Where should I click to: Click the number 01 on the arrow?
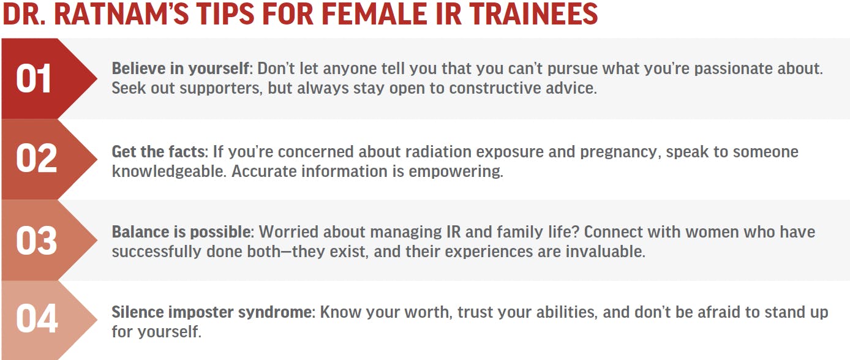[34, 78]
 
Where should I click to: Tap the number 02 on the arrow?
[36, 159]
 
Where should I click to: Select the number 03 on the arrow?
[36, 241]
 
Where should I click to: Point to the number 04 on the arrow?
[37, 318]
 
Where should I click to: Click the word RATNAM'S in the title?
[121, 14]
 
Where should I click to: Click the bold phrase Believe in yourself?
[181, 69]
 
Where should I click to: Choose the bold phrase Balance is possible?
[181, 232]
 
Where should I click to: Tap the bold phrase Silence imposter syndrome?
[212, 312]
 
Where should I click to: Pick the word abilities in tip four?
[561, 312]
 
